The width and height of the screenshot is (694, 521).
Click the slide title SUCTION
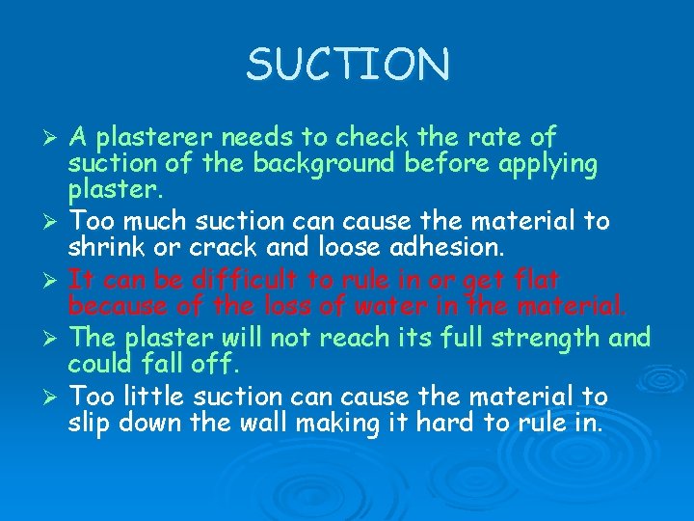coord(347,65)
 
